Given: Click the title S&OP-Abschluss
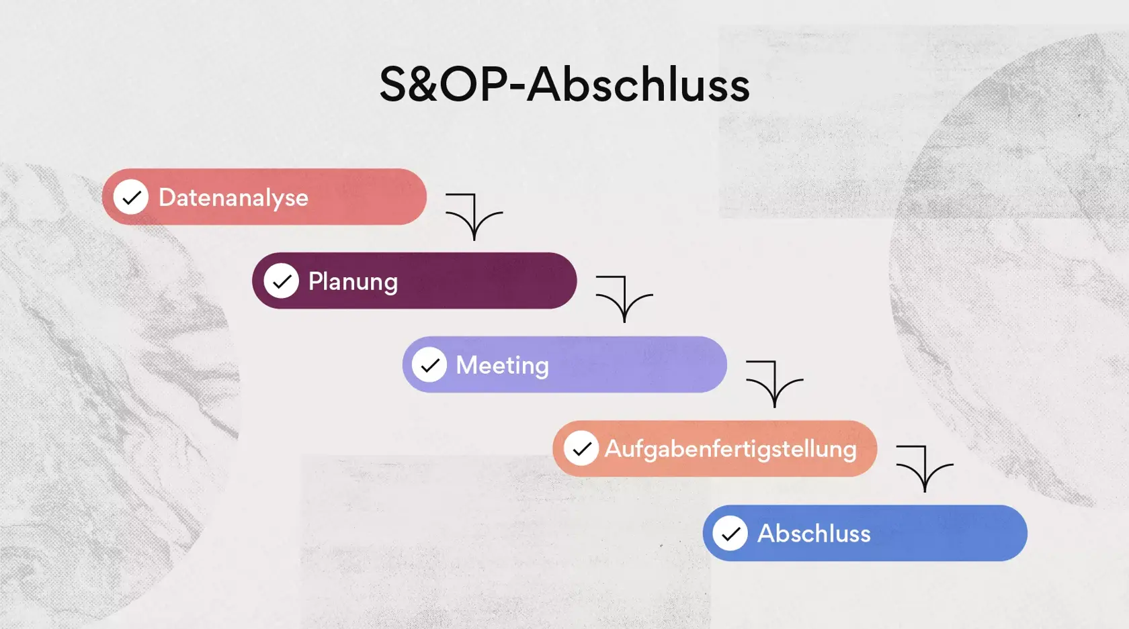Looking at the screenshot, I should click(x=564, y=85).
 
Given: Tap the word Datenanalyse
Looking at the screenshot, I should click(x=233, y=198).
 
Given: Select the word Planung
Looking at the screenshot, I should click(x=353, y=282).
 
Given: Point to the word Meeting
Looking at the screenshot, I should click(x=502, y=366).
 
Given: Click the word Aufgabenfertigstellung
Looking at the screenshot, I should click(x=730, y=449).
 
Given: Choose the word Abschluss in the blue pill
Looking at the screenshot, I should click(x=814, y=534).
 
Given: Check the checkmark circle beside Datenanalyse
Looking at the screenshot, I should click(x=131, y=197).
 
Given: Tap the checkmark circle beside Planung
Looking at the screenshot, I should click(x=281, y=281).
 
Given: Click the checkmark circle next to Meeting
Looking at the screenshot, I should click(x=429, y=365).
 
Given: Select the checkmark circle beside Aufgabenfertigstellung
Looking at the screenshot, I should click(x=581, y=448).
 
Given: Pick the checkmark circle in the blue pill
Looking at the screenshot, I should click(x=730, y=534).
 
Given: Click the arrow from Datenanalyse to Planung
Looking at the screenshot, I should click(x=474, y=215).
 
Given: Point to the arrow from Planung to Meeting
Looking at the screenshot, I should click(x=624, y=297).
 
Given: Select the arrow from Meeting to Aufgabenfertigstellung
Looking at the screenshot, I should click(x=774, y=382).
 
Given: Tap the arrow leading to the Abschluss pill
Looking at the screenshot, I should click(x=925, y=467).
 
